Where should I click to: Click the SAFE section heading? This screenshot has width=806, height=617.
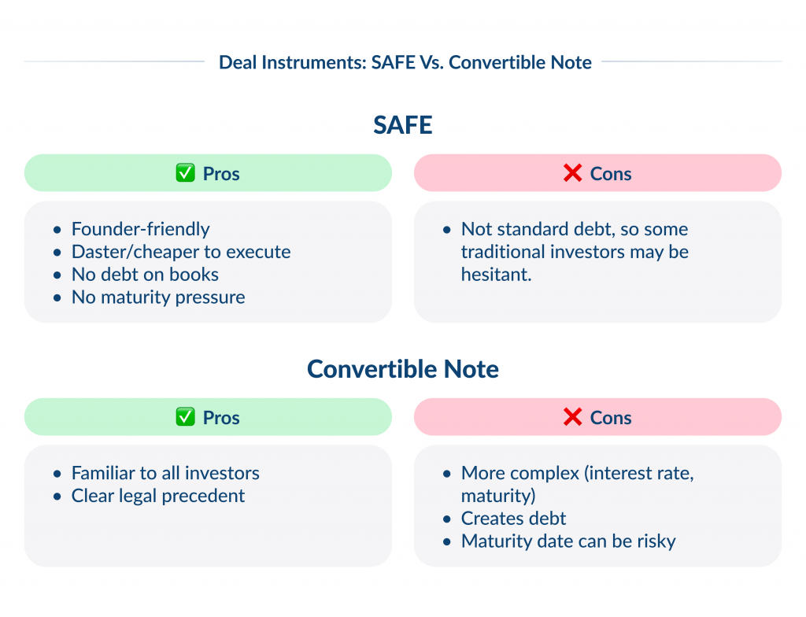pos(403,125)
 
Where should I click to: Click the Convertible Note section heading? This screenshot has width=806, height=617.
pos(403,369)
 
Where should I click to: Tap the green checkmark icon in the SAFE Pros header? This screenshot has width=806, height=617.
pos(185,174)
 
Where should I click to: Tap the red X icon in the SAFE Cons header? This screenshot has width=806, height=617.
pos(573,174)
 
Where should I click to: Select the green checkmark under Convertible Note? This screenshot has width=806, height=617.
pos(185,418)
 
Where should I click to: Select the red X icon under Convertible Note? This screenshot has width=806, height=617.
pos(573,418)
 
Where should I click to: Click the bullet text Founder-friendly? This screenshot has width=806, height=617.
pos(140,229)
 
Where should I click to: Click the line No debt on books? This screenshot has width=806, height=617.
pos(145,275)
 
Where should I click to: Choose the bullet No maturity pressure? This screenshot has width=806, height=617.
pos(158,297)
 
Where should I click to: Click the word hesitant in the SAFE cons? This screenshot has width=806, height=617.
pos(496,275)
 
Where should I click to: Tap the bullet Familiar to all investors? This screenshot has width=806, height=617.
pos(165,473)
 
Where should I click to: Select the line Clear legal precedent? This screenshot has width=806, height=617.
pos(158,496)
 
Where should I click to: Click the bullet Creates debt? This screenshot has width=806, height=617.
pos(513,519)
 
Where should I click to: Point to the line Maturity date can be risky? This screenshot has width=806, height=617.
pos(568,541)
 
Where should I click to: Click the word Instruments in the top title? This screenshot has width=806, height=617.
pos(309,62)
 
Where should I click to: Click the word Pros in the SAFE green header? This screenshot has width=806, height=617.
pos(221,174)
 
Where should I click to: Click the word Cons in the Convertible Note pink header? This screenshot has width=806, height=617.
pos(611,418)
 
